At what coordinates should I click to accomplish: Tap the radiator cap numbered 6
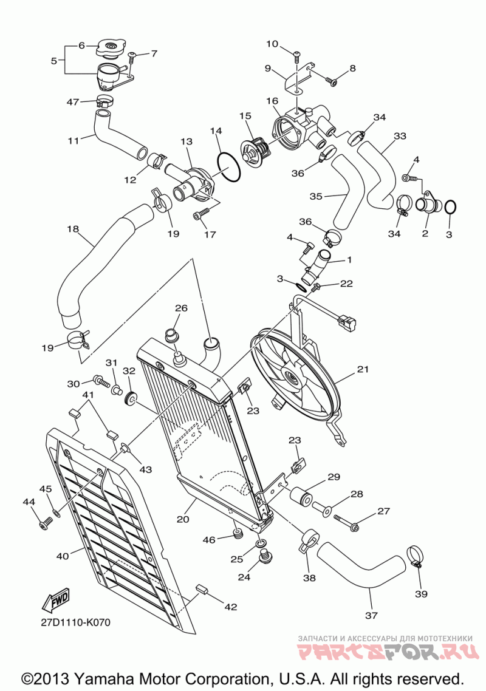click(x=110, y=46)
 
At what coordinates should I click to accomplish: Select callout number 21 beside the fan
click(x=363, y=369)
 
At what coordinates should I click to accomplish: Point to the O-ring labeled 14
click(x=227, y=166)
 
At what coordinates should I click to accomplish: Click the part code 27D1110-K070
click(x=75, y=622)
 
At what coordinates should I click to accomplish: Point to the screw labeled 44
click(x=44, y=523)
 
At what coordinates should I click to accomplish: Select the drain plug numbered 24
click(x=265, y=556)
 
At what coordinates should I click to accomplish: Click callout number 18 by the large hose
click(x=73, y=229)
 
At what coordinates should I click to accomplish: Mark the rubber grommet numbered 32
click(x=129, y=398)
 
